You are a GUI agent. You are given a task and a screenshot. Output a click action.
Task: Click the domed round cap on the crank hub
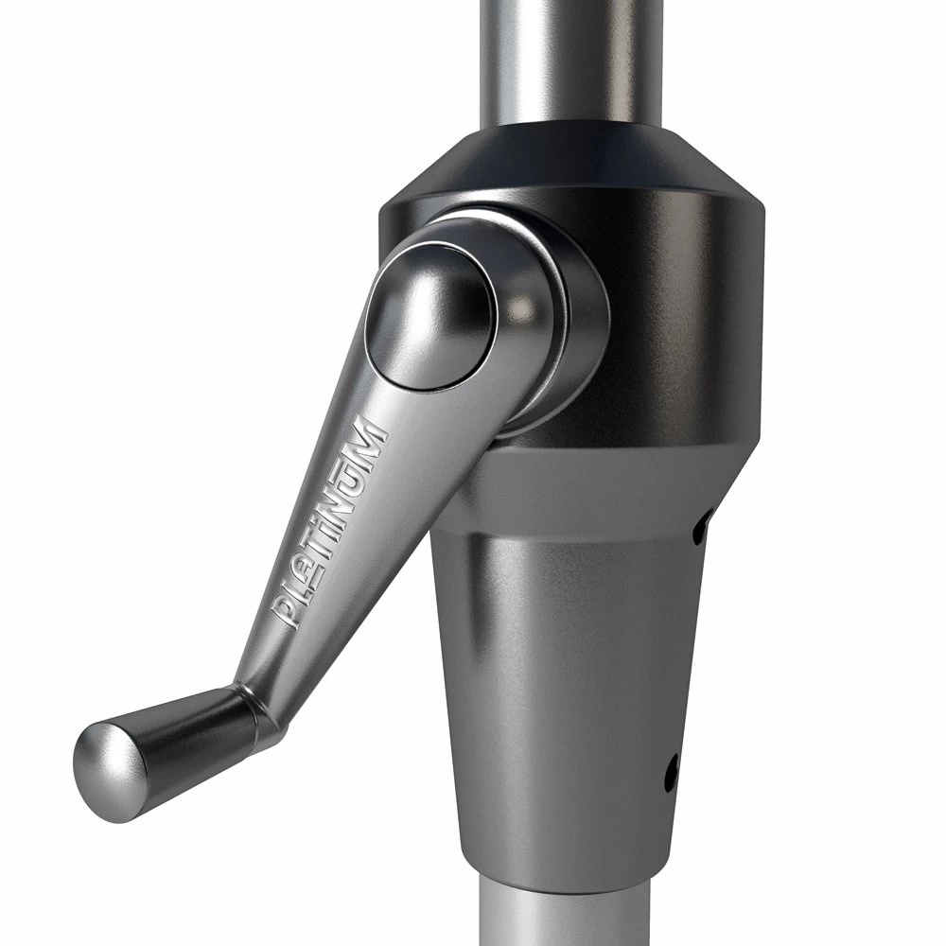coord(430,321)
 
